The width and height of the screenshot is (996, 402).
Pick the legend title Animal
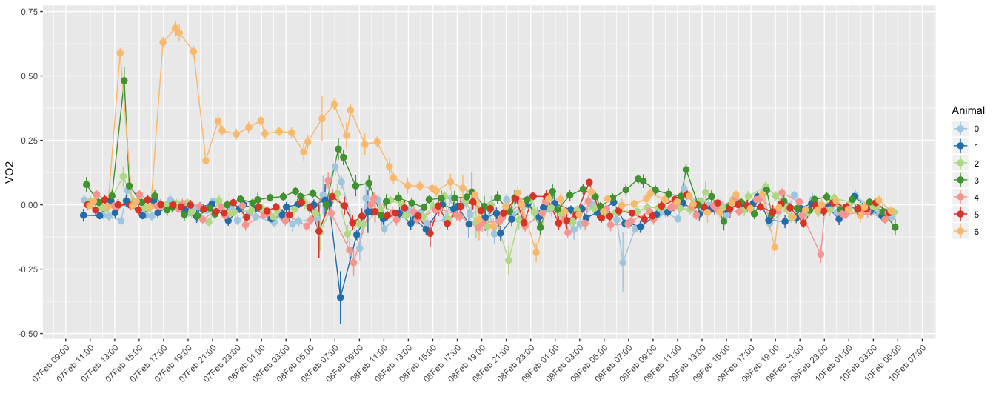(x=968, y=110)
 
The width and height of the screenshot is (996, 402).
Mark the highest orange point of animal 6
(x=176, y=28)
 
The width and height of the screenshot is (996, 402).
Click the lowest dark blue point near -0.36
(x=341, y=297)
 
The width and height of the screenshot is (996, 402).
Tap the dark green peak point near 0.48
(x=124, y=81)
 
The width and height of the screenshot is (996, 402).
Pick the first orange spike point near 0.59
(x=120, y=53)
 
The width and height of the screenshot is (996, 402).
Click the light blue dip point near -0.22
(x=623, y=262)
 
